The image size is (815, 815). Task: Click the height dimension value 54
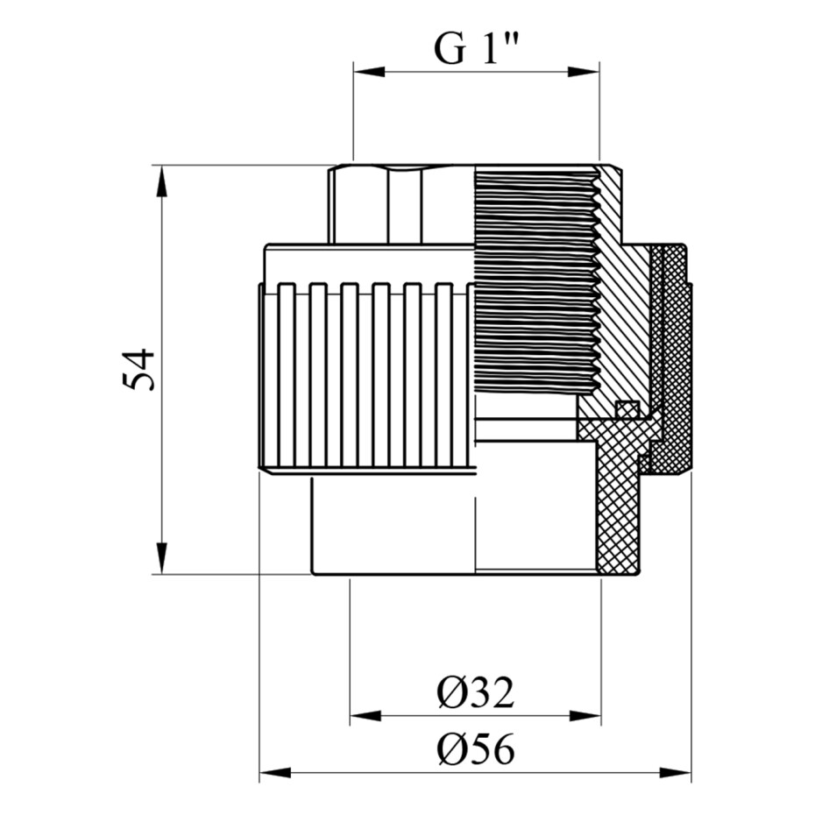coord(138,370)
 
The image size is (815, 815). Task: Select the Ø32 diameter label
coord(476,693)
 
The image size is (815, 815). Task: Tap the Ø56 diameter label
coord(476,748)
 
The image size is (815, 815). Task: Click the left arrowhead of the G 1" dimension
coord(369,72)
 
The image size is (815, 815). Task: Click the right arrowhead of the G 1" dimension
coord(584,72)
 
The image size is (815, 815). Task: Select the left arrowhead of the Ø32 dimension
coord(366,716)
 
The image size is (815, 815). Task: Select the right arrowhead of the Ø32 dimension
coord(585,716)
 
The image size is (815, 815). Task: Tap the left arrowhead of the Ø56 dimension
coord(275,772)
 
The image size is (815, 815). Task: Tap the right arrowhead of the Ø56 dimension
coord(676,772)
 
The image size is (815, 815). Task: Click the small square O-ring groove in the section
coord(627,408)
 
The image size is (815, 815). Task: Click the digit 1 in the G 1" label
coord(490,50)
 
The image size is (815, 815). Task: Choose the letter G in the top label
coord(449,50)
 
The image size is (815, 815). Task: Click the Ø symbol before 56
coord(450,749)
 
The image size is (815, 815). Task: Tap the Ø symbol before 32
coord(450,694)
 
